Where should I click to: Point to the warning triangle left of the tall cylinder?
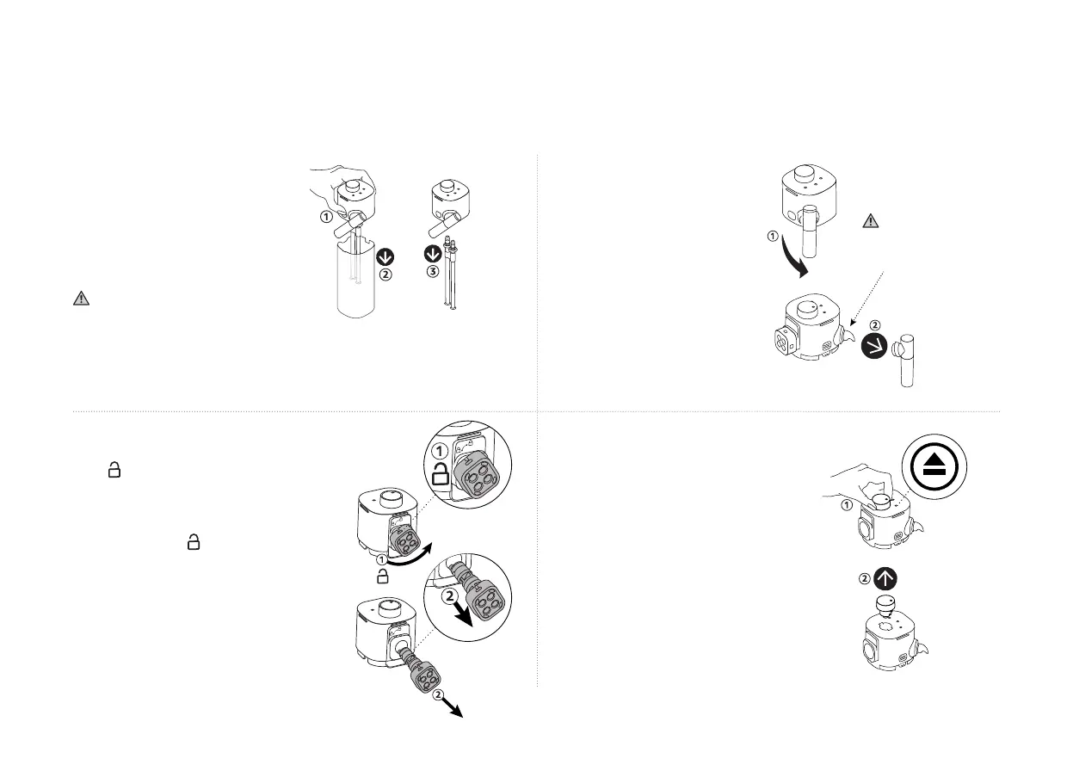tap(80, 299)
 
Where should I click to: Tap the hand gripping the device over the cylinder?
tap(343, 177)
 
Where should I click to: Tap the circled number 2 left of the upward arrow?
tap(866, 578)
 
